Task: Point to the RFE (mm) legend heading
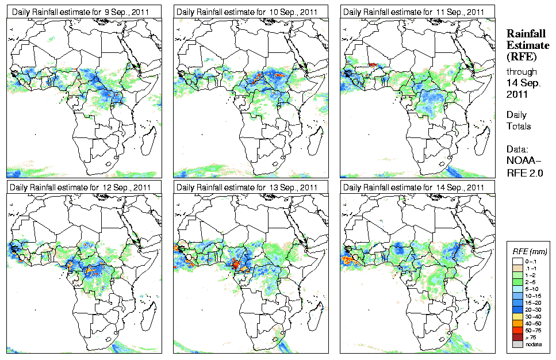click(530, 251)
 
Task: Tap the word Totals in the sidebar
click(519, 126)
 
